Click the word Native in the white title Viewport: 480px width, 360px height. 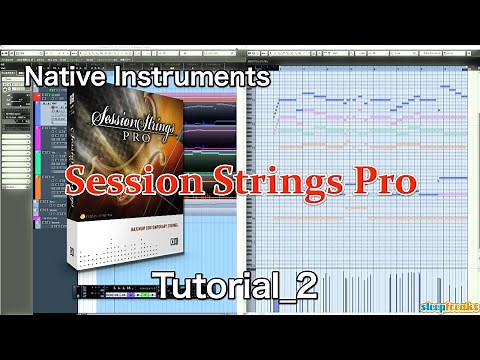pos(67,76)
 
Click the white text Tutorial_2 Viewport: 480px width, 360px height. pos(232,284)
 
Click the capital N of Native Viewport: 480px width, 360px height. pos(36,76)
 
